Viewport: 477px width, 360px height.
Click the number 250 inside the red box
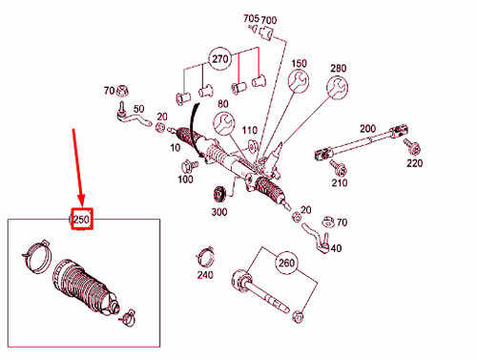tap(80, 221)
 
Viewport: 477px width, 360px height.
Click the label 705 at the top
tap(250, 19)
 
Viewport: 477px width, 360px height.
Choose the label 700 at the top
tap(269, 20)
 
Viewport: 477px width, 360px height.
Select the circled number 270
tap(220, 58)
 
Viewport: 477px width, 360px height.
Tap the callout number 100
tap(185, 179)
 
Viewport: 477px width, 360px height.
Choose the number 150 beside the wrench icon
tap(298, 63)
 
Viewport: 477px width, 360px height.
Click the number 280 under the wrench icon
tap(339, 68)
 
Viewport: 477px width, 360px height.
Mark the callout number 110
tap(250, 131)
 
